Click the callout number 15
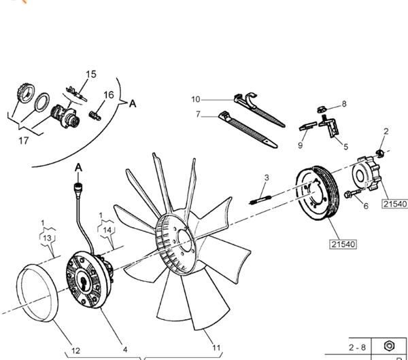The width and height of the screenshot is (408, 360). click(91, 74)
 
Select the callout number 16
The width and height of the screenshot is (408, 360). click(109, 95)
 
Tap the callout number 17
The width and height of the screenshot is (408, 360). click(23, 141)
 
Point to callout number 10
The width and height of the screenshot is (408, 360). click(195, 99)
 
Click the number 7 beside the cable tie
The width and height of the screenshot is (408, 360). click(198, 115)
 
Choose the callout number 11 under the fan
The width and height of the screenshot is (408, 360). click(216, 348)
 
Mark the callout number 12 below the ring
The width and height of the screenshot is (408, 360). click(76, 350)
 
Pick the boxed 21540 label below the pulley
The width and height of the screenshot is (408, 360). click(343, 243)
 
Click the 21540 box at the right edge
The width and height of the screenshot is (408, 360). click(395, 204)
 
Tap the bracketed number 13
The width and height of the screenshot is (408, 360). click(47, 238)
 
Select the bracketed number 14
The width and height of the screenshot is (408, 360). click(107, 230)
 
